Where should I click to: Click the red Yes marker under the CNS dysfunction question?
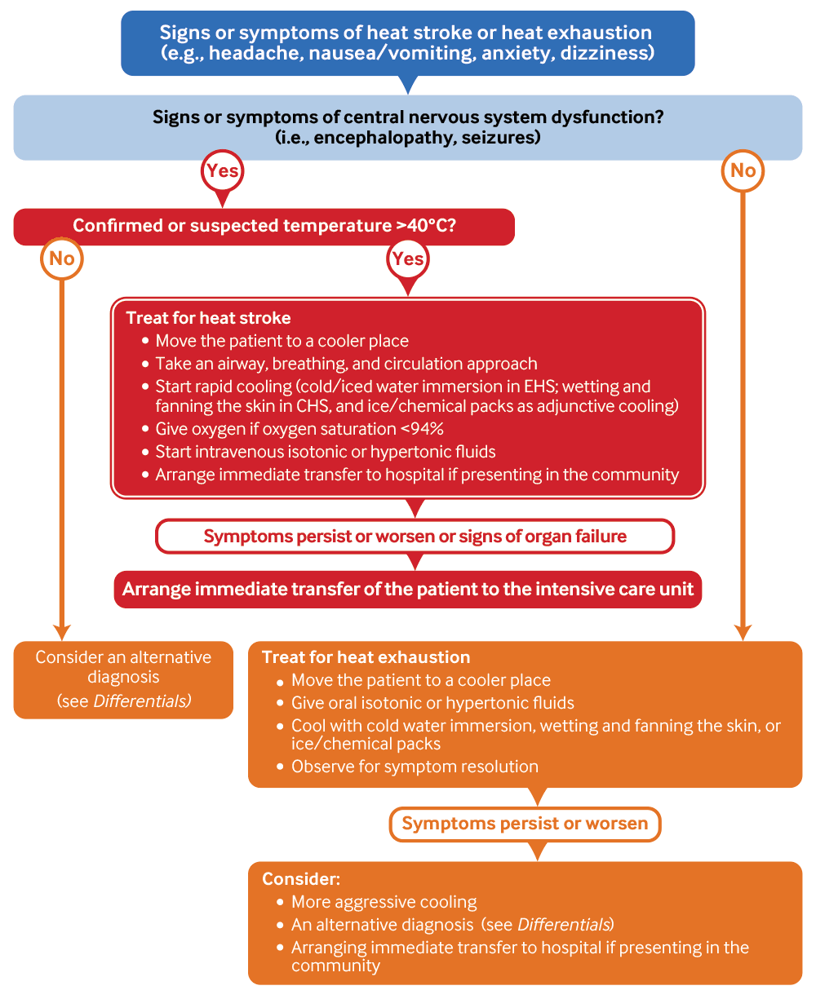point(222,171)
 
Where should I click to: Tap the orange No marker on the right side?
point(743,171)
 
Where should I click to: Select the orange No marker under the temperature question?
point(62,259)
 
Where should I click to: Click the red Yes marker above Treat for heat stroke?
point(407,259)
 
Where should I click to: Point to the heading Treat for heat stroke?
point(208,318)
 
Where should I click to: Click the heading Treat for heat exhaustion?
point(366,657)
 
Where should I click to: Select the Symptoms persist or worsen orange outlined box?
point(525,824)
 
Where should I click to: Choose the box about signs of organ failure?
point(415,536)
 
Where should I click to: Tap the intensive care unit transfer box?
point(407,589)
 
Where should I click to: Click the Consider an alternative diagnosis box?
point(123,679)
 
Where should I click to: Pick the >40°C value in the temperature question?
point(424,226)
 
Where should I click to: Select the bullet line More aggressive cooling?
point(384,902)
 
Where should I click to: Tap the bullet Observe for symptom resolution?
point(415,767)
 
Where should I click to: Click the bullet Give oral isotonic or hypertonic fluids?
point(432,703)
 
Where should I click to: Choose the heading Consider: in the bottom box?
point(301,879)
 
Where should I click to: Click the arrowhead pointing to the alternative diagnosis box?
point(62,632)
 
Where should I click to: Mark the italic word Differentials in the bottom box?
point(564,925)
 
